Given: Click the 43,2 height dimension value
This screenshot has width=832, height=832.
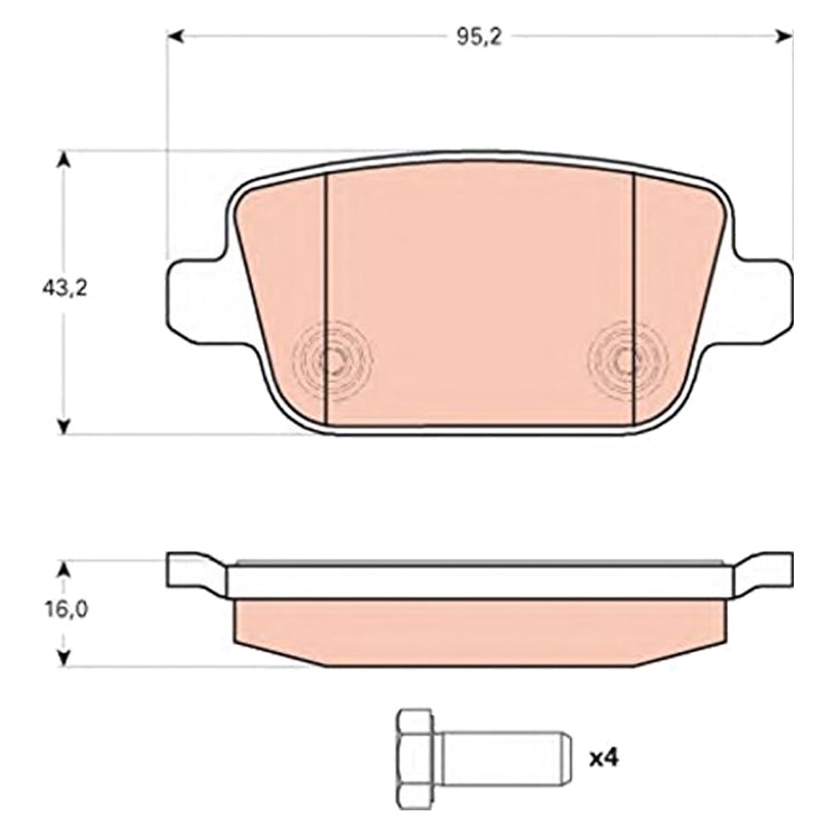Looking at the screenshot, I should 64,289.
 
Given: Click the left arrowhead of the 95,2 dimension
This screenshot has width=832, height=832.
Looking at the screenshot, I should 176,36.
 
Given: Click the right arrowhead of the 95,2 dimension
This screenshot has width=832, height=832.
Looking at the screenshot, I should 784,36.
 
